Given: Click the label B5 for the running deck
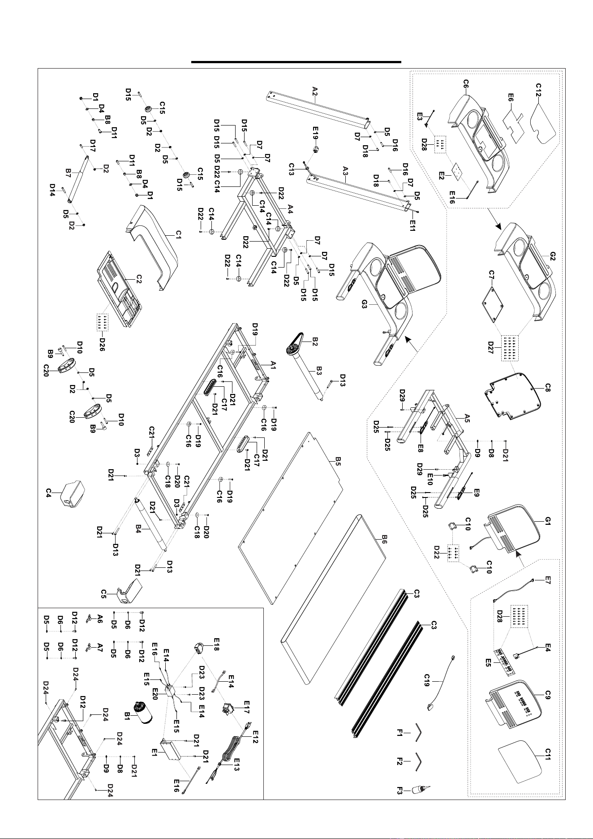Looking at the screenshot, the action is pos(339,461).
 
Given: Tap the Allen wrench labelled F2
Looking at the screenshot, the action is pos(417,762).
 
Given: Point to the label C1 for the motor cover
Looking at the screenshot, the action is pos(178,234).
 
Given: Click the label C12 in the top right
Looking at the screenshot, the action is pos(538,88).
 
